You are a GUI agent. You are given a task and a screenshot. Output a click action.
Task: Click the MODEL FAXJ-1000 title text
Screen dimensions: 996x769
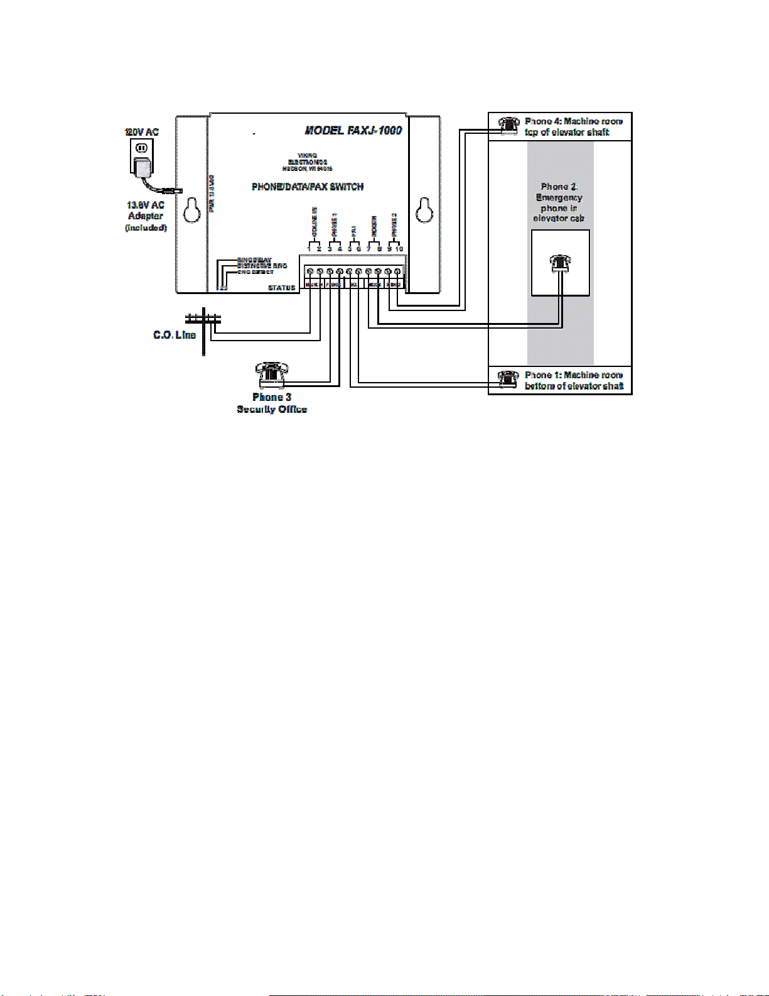coord(353,131)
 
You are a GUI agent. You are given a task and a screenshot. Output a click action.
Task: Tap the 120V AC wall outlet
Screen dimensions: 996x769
coord(142,149)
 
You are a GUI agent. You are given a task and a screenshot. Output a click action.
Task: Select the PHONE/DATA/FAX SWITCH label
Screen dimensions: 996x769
coord(308,187)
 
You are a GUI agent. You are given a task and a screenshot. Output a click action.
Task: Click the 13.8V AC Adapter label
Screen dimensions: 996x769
coord(146,211)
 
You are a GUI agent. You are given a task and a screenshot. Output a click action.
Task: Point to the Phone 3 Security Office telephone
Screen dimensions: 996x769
coord(271,375)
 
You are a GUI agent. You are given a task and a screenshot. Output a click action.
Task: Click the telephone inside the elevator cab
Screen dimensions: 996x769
coord(560,263)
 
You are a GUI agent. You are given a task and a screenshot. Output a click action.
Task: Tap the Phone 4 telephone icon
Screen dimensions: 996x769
coord(508,124)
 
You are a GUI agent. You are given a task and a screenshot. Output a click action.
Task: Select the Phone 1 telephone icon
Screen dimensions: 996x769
coord(508,379)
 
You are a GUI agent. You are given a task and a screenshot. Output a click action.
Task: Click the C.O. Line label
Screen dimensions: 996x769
coord(175,335)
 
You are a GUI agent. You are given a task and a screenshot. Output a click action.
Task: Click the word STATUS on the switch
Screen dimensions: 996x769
coord(281,288)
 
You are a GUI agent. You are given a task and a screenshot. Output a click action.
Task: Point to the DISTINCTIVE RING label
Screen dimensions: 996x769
coord(262,266)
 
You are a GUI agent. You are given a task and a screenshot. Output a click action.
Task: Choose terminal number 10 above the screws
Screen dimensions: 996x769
coord(399,249)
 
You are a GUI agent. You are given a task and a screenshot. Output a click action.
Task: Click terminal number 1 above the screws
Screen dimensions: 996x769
coord(309,249)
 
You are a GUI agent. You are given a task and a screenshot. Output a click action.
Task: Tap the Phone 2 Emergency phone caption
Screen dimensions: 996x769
coord(559,202)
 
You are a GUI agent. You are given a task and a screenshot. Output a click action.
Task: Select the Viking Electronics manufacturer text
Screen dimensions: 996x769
coord(307,162)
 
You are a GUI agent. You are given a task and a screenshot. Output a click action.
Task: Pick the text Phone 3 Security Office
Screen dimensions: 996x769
coord(271,403)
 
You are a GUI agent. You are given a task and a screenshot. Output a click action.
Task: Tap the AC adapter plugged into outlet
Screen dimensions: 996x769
coord(143,167)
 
